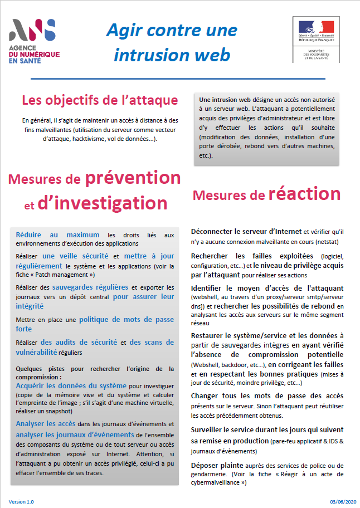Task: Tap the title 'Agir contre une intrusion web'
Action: coord(172,42)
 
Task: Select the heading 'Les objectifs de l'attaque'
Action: coord(100,100)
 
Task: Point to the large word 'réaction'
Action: coord(304,193)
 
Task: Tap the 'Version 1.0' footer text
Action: coord(21,501)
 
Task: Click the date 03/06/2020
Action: coord(341,501)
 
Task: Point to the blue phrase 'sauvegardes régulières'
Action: coord(91,287)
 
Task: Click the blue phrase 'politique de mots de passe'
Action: coord(127,320)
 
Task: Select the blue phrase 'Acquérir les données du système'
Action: coord(71,385)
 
